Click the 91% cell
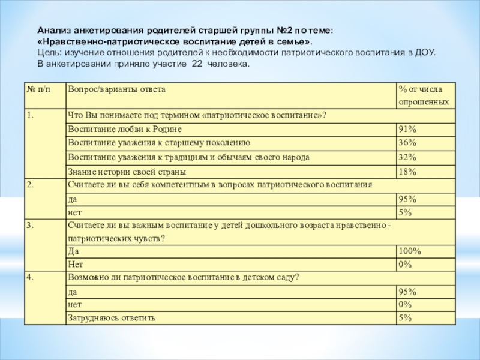tap(408, 130)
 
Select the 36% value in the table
tap(408, 143)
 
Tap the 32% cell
tap(408, 158)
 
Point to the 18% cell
tap(408, 172)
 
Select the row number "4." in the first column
tap(30, 277)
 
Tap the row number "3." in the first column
tap(30, 225)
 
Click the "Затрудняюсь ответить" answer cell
tap(112, 318)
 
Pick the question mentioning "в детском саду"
tap(184, 277)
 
